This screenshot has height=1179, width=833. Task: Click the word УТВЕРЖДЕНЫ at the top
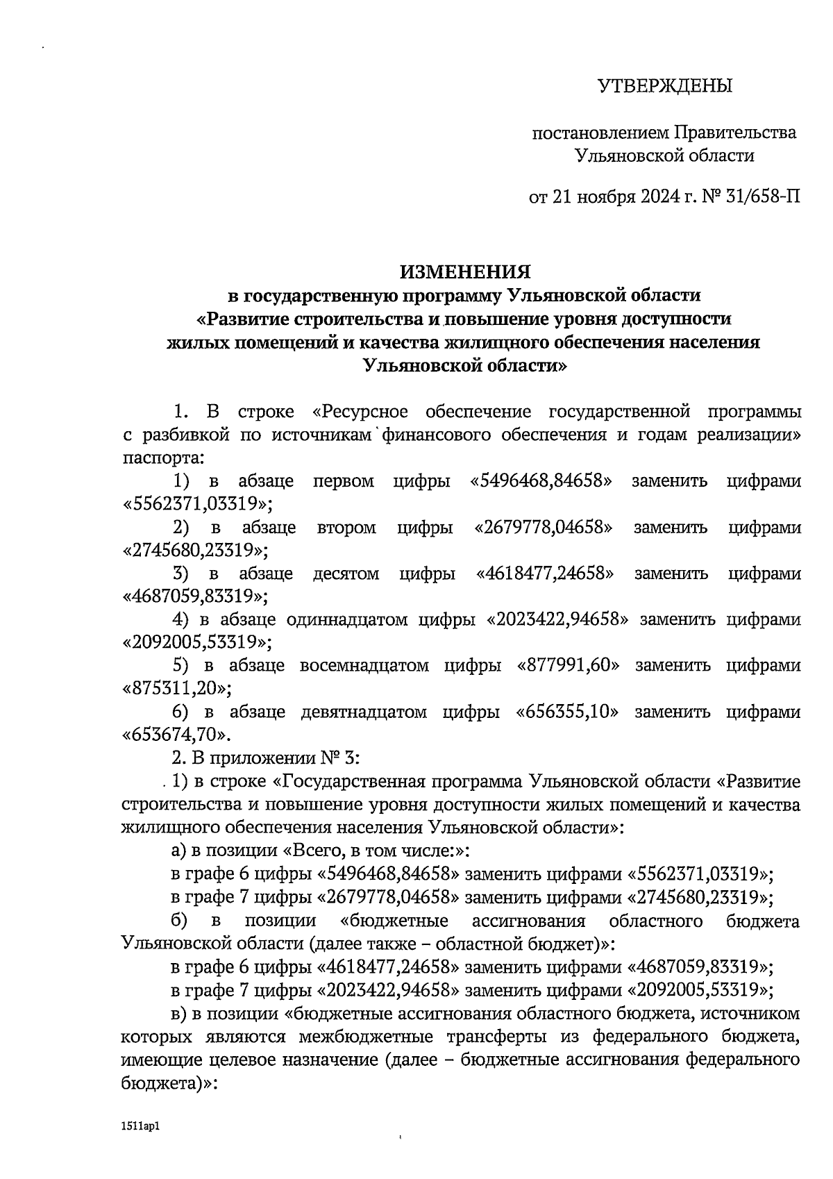[x=665, y=87]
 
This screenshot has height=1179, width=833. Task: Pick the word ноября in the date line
[x=603, y=197]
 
